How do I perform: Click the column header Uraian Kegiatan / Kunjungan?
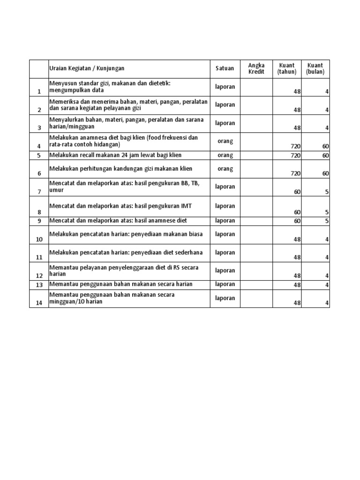point(87,68)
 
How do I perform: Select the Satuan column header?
point(225,68)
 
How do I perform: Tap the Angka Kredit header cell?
point(256,68)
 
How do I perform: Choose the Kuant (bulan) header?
point(315,68)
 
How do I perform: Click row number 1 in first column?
point(39,92)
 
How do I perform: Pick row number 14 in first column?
point(39,303)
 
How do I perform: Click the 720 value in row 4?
point(295,147)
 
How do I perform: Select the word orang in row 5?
point(225,155)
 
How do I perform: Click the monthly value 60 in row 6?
point(325,173)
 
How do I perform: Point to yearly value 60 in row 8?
point(297,212)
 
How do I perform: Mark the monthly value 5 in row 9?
point(327,221)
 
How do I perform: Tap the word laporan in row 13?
point(225,285)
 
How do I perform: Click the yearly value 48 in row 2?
point(297,110)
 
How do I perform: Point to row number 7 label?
point(39,192)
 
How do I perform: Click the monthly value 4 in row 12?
point(327,276)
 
